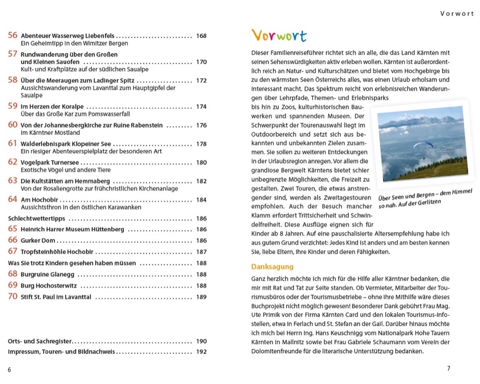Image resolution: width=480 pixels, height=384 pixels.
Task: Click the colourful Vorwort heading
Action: coord(279,36)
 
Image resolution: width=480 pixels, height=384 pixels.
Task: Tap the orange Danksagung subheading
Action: coord(272,267)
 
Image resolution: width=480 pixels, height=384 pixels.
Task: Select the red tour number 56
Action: coord(13,35)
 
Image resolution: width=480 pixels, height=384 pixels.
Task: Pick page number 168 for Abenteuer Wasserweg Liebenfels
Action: coord(201,36)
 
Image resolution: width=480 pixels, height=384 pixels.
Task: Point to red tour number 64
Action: coord(13,199)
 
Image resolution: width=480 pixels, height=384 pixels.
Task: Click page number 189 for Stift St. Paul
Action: coord(201,297)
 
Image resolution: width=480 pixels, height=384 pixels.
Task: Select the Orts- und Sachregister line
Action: coord(40,341)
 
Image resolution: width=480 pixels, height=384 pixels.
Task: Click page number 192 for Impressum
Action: coord(201,352)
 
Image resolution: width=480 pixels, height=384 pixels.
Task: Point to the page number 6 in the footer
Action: coord(9,370)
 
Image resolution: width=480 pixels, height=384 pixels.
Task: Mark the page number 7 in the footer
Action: coord(448,369)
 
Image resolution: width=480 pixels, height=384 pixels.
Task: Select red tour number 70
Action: coord(13,296)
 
